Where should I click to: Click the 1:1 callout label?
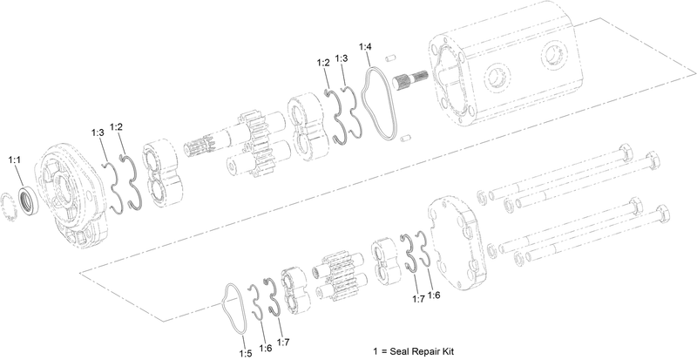(x=15, y=160)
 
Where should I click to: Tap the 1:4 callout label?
(x=366, y=45)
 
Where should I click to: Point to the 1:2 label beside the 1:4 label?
(x=323, y=62)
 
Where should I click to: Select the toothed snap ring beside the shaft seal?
(x=13, y=208)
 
